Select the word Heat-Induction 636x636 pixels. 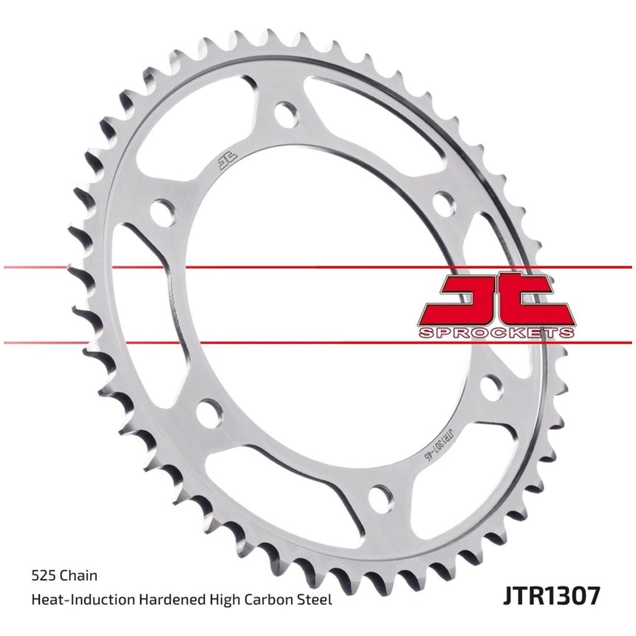coord(84,600)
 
